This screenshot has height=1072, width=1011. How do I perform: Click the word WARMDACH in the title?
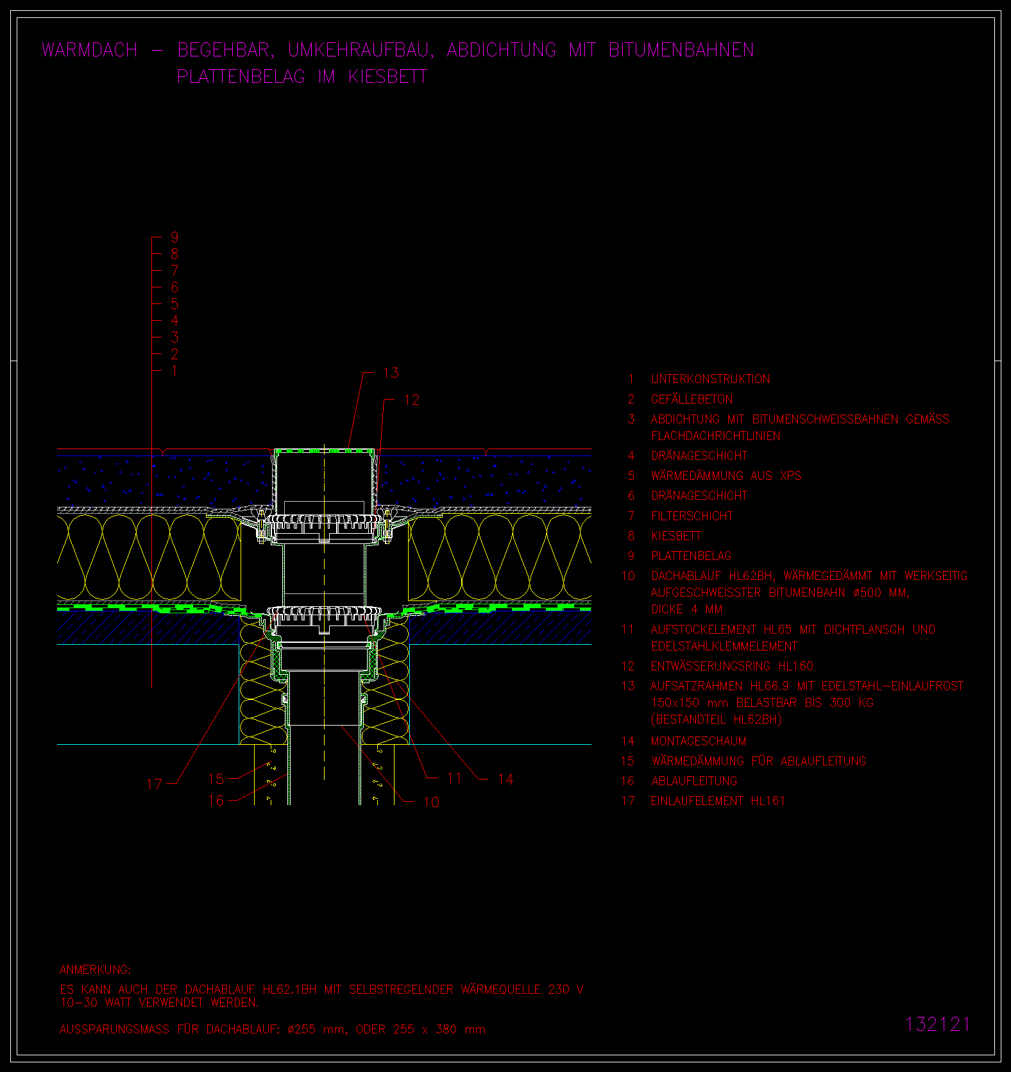pos(90,50)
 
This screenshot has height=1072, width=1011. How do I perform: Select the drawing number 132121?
pos(937,1024)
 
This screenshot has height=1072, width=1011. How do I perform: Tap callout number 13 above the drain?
pos(391,373)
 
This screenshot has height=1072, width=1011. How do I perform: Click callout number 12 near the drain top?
pos(411,400)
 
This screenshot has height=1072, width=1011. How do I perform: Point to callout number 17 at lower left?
pos(154,784)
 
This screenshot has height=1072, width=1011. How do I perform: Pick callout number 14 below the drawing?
pos(505,779)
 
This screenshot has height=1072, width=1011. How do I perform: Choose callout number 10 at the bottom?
pos(431,802)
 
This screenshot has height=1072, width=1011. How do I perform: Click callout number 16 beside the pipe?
pos(216,801)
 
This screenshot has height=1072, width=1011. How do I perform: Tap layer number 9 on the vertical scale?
pos(174,237)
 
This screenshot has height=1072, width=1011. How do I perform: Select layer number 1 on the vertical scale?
pos(174,371)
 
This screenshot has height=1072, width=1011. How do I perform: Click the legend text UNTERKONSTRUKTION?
pos(711,379)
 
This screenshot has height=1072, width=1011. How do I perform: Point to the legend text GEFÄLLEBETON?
pos(692,399)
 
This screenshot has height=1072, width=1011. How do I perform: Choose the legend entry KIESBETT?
pos(676,536)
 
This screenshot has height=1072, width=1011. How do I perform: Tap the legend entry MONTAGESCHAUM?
pos(699,741)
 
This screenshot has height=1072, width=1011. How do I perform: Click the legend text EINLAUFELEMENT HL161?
pos(718,801)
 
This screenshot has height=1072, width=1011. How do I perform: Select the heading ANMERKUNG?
pos(95,969)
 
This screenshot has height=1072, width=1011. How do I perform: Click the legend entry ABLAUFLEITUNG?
pos(694,781)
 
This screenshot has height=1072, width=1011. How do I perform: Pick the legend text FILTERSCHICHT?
pos(692,516)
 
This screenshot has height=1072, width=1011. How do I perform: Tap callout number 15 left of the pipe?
pos(216,779)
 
